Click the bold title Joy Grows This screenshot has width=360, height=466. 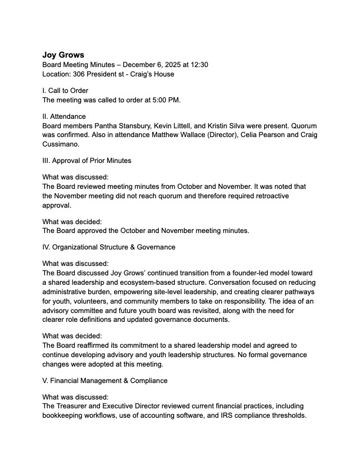[x=63, y=55]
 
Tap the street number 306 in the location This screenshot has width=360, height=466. [x=84, y=74]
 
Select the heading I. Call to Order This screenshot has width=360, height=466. [x=65, y=91]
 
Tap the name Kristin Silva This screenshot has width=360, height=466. [x=238, y=125]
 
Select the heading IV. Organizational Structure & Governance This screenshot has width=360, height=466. [x=109, y=247]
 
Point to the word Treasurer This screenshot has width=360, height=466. [x=75, y=407]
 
